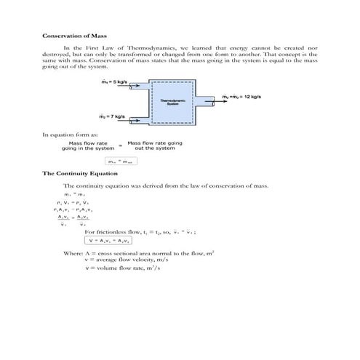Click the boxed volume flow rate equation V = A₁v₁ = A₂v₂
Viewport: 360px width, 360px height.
coord(108,240)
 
